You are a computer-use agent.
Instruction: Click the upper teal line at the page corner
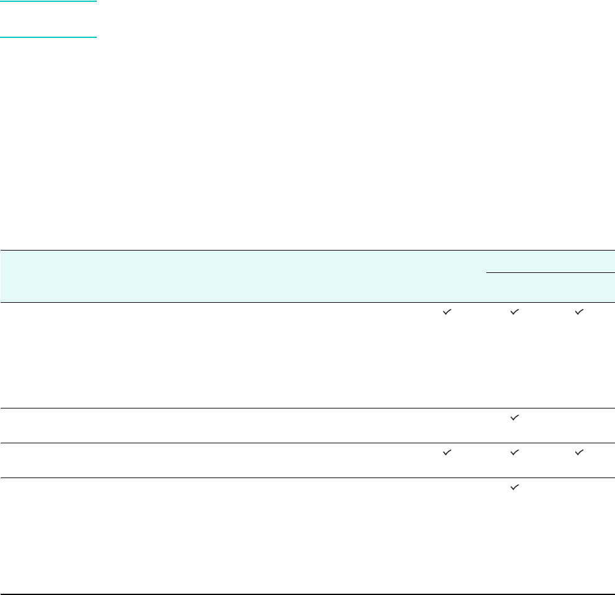[x=48, y=1]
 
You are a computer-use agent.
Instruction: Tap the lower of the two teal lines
[x=48, y=37]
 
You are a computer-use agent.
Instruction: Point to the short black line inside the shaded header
[x=550, y=272]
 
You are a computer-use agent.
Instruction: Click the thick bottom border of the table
[x=307, y=594]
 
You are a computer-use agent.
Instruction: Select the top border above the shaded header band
[x=307, y=250]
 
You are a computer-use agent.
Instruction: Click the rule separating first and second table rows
[x=307, y=408]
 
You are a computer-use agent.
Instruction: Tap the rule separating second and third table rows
[x=307, y=443]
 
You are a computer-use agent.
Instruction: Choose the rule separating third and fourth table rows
[x=307, y=477]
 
